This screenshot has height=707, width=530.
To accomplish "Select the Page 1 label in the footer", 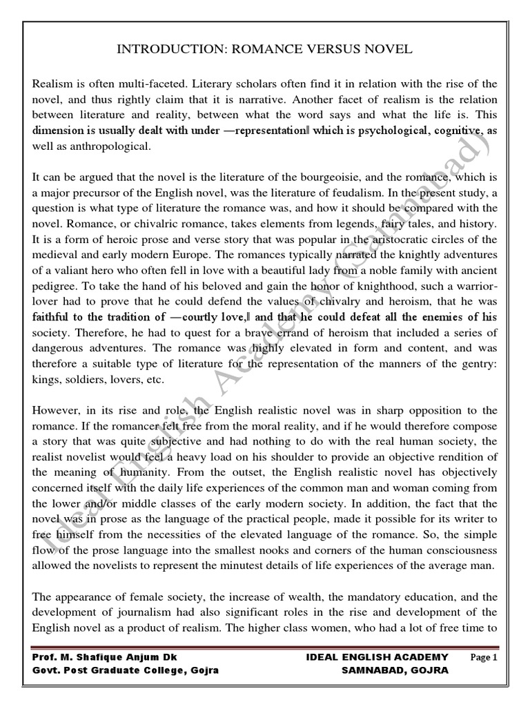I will point(484,657).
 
